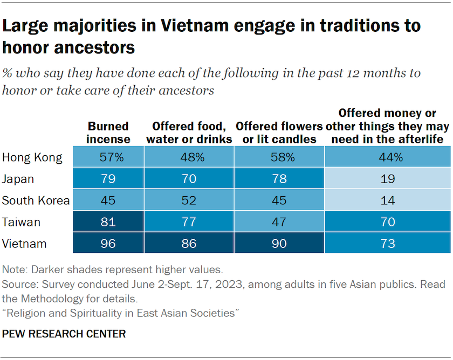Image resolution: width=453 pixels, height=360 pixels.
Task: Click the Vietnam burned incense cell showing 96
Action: pyautogui.click(x=108, y=243)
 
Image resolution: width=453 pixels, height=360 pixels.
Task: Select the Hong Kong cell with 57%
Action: pyautogui.click(x=108, y=157)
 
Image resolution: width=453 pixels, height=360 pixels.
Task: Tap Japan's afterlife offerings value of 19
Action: pyautogui.click(x=387, y=179)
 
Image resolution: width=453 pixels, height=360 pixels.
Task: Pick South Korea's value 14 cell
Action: pyautogui.click(x=387, y=200)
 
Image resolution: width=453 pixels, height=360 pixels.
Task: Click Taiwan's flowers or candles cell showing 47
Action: pyautogui.click(x=279, y=221)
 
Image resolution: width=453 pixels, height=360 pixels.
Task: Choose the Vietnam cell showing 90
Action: pyautogui.click(x=279, y=243)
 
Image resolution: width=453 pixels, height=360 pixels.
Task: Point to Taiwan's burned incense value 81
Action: pyautogui.click(x=108, y=221)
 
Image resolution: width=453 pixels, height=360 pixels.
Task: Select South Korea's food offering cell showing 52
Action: pyautogui.click(x=188, y=200)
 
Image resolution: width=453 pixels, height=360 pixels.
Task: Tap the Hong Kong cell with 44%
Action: pyautogui.click(x=387, y=157)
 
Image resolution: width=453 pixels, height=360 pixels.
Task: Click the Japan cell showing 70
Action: pyautogui.click(x=188, y=179)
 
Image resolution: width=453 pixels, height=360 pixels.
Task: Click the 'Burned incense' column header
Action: pyautogui.click(x=108, y=133)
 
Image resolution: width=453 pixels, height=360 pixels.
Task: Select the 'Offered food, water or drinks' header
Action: pyautogui.click(x=188, y=133)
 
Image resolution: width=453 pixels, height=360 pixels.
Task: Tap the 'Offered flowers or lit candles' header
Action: pyautogui.click(x=279, y=133)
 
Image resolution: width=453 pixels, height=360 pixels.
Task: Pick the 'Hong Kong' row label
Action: pyautogui.click(x=32, y=157)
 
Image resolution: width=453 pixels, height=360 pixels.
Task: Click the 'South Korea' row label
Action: pyautogui.click(x=36, y=200)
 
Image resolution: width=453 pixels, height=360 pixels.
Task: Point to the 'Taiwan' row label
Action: pyautogui.click(x=21, y=221)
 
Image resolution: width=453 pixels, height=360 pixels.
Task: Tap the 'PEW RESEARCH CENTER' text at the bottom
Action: pyautogui.click(x=64, y=334)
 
